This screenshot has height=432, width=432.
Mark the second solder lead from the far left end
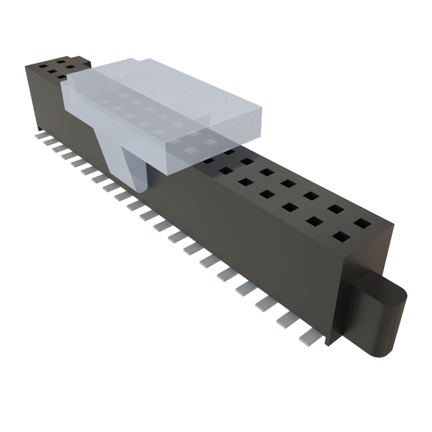pyautogui.click(x=50, y=143)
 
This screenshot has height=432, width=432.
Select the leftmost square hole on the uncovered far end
pyautogui.click(x=43, y=66)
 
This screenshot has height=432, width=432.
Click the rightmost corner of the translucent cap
pyautogui.click(x=262, y=108)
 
